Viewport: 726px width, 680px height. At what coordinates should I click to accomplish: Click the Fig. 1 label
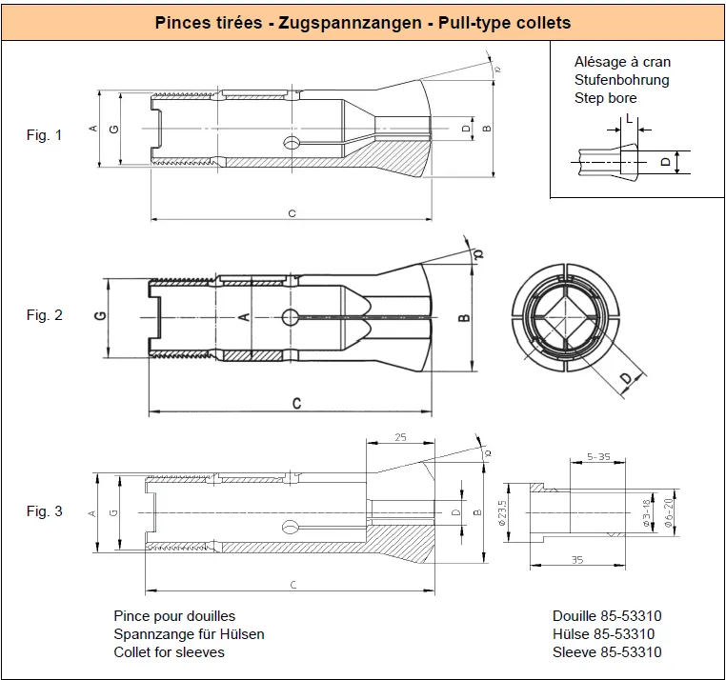[44, 135]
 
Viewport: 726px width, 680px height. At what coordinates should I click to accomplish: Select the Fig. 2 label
[44, 315]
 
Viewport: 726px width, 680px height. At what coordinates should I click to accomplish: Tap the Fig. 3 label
[44, 511]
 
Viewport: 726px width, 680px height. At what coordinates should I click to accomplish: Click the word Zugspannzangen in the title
[350, 23]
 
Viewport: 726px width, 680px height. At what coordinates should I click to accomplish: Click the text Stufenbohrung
[622, 80]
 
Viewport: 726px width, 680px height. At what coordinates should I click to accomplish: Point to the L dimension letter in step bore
[629, 118]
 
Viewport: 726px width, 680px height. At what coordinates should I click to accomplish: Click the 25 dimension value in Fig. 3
[400, 437]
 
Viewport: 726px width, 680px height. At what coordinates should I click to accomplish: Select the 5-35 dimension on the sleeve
[598, 457]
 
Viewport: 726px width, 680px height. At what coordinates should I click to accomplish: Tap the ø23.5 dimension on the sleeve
[502, 513]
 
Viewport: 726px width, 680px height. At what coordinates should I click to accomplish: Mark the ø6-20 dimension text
[668, 513]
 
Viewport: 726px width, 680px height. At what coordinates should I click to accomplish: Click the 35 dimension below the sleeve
[577, 560]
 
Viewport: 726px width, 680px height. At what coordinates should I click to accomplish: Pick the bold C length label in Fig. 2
[297, 404]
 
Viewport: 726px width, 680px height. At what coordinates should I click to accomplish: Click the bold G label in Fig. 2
[100, 315]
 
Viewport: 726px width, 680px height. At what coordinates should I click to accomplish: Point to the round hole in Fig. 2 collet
[291, 317]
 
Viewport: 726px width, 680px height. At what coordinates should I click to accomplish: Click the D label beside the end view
[626, 378]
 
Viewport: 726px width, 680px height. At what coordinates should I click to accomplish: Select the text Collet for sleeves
[169, 652]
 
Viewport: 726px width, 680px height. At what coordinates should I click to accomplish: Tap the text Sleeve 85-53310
[607, 652]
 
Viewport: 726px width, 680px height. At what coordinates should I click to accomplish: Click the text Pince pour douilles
[174, 616]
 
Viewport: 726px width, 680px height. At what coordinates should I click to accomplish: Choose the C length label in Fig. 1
[292, 213]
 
